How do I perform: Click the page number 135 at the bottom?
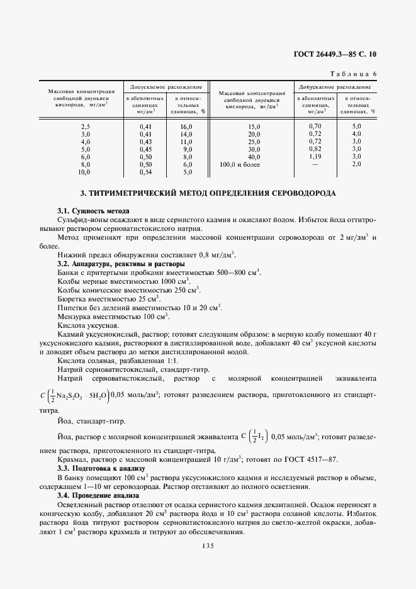(x=208, y=546)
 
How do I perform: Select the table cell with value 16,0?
(x=186, y=126)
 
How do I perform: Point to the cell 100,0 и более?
(x=239, y=164)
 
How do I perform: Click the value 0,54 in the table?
(x=145, y=171)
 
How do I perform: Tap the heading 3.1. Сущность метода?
(x=93, y=211)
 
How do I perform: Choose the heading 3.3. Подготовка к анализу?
(x=101, y=469)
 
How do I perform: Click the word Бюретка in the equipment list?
(x=72, y=299)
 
